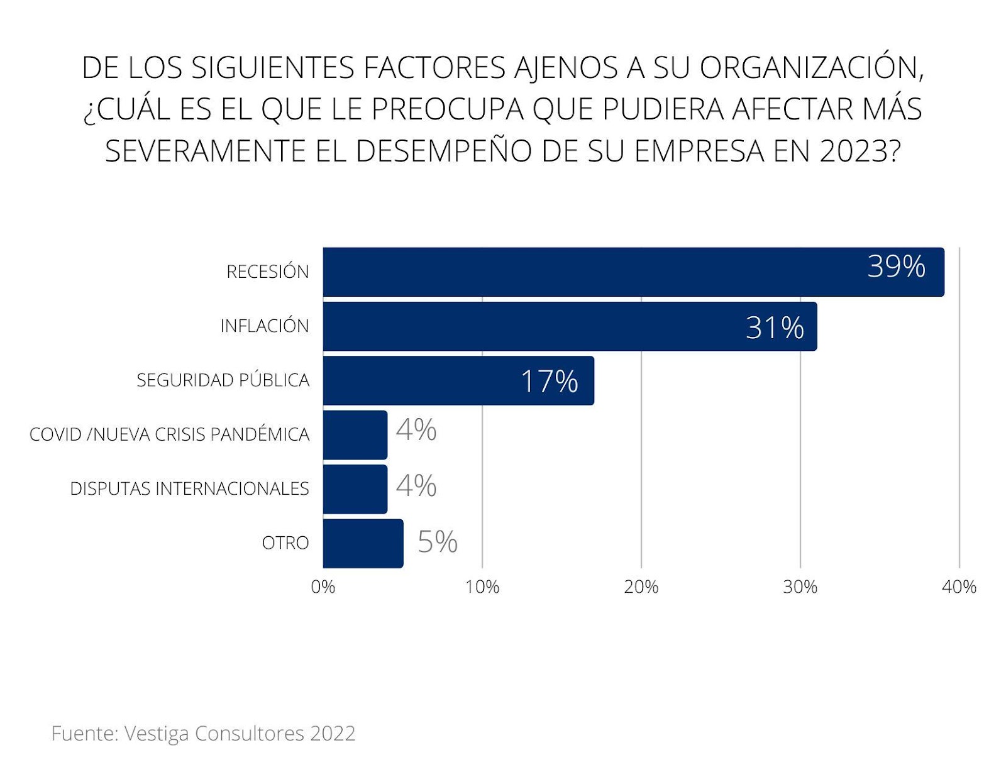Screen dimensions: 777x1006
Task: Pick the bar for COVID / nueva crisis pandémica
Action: tap(355, 435)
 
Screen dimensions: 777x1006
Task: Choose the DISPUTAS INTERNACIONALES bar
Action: tap(355, 489)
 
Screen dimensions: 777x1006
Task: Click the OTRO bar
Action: tap(363, 543)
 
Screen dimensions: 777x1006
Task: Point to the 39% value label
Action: tap(896, 267)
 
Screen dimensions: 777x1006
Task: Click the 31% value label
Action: tap(775, 328)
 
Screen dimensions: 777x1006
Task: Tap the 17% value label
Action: tap(550, 382)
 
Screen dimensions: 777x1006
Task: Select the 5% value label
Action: tap(438, 542)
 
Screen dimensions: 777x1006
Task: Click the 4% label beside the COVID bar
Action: tap(416, 431)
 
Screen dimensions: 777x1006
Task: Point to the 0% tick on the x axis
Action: tap(323, 587)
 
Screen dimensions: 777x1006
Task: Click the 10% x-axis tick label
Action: tap(482, 587)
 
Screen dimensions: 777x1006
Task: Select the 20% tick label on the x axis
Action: tap(641, 587)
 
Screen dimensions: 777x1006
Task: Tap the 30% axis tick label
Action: tap(800, 587)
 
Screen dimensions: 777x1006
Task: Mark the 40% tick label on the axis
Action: tap(959, 587)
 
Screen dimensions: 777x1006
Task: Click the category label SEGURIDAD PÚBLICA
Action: tap(223, 380)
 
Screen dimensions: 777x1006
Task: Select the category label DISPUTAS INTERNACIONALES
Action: tap(189, 488)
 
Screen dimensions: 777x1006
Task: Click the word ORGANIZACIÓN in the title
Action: tap(811, 68)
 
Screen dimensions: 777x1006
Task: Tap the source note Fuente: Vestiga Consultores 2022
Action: tap(203, 734)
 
